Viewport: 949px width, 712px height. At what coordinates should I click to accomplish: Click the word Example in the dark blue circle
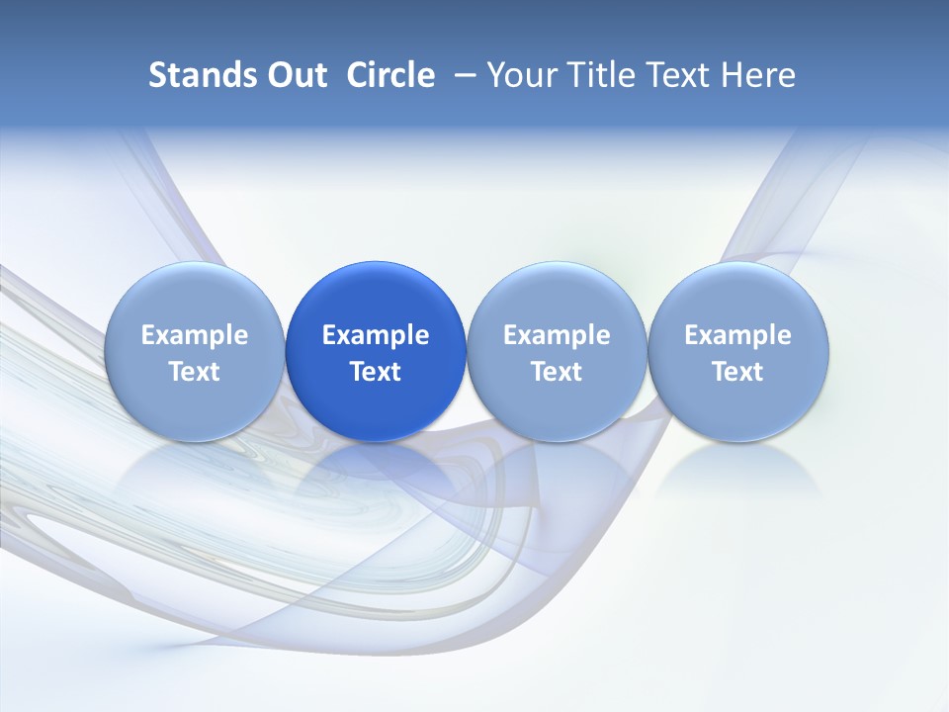(x=376, y=335)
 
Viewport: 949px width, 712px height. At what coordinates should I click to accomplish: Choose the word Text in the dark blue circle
(x=376, y=372)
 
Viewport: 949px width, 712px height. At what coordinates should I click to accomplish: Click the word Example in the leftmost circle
(x=195, y=335)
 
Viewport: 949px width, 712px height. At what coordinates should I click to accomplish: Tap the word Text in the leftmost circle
(x=195, y=372)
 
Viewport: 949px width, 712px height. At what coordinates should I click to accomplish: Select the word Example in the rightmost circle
(x=737, y=335)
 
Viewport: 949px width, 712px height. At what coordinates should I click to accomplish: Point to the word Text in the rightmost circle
(x=737, y=372)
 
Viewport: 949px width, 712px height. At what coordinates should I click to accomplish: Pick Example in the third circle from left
(x=557, y=335)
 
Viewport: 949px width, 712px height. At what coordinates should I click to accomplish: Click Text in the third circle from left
(x=557, y=372)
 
